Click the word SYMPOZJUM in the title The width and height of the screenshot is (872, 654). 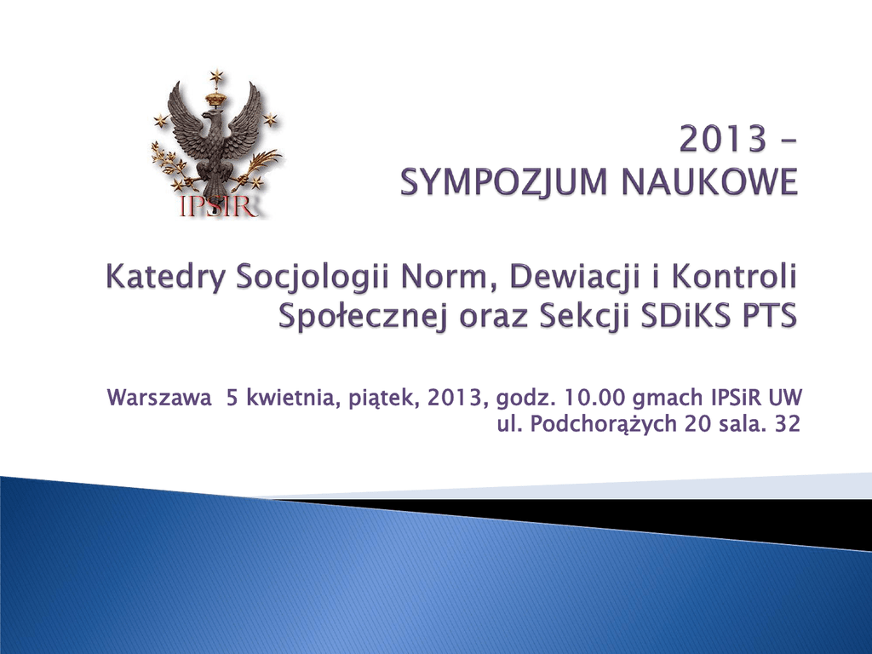pyautogui.click(x=504, y=182)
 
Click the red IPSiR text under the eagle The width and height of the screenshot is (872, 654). pyautogui.click(x=219, y=206)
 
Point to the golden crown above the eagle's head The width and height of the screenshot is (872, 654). pyautogui.click(x=215, y=99)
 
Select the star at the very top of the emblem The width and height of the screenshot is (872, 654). pyautogui.click(x=215, y=76)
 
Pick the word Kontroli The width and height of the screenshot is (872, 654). pyautogui.click(x=734, y=277)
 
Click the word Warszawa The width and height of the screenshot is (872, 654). pyautogui.click(x=159, y=399)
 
